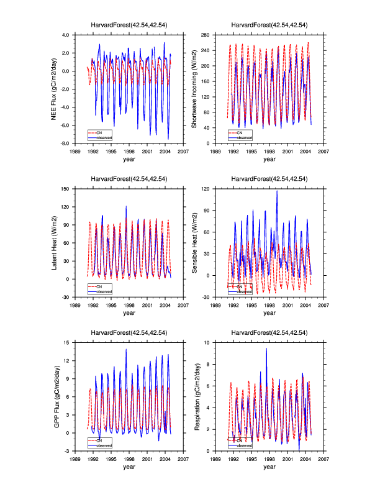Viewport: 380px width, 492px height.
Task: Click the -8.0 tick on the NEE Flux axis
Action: pyautogui.click(x=65, y=143)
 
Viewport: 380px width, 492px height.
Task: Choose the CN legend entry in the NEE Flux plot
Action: pyautogui.click(x=99, y=133)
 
